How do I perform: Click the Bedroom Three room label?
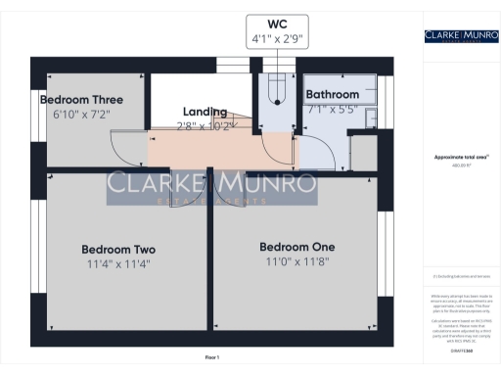click(x=80, y=100)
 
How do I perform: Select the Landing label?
click(x=205, y=112)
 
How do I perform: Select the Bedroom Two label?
click(x=118, y=250)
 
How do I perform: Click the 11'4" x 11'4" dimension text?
click(x=118, y=263)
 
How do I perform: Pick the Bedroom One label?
click(x=296, y=246)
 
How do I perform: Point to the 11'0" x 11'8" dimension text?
click(x=296, y=260)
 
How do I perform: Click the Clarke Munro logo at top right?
click(x=458, y=36)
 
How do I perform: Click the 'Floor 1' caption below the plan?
click(x=212, y=357)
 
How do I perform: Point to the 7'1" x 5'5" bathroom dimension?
click(x=332, y=110)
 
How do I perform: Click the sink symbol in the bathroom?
click(x=368, y=120)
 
